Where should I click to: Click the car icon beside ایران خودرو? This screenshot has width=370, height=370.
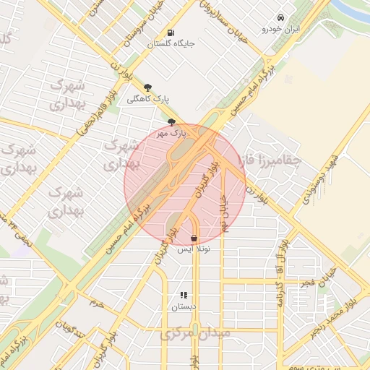click(x=280, y=18)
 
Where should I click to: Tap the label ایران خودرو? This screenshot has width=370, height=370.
click(x=280, y=30)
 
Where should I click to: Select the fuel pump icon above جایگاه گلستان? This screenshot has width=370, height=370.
click(x=171, y=33)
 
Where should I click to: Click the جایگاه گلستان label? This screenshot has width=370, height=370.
click(x=171, y=43)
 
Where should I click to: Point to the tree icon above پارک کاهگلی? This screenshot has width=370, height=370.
click(x=148, y=87)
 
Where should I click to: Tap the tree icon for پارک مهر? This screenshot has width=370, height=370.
click(x=171, y=122)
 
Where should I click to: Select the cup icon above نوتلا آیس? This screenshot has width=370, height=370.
click(x=194, y=238)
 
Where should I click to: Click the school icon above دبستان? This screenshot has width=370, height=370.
click(x=183, y=295)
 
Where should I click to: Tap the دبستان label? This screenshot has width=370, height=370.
click(x=183, y=306)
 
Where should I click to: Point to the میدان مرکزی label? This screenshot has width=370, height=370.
click(x=197, y=335)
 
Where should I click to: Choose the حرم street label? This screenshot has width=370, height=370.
click(x=96, y=304)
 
